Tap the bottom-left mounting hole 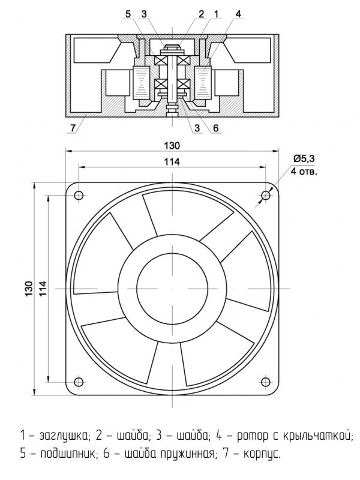pyautogui.click(x=78, y=382)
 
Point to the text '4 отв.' pyautogui.click(x=304, y=171)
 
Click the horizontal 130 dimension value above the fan pyautogui.click(x=172, y=145)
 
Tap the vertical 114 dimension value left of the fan pyautogui.click(x=42, y=288)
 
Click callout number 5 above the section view pyautogui.click(x=128, y=14)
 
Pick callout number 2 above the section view pyautogui.click(x=202, y=14)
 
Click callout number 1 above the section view pyautogui.click(x=217, y=14)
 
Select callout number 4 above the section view pyautogui.click(x=239, y=14)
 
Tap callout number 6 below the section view pyautogui.click(x=214, y=128)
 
